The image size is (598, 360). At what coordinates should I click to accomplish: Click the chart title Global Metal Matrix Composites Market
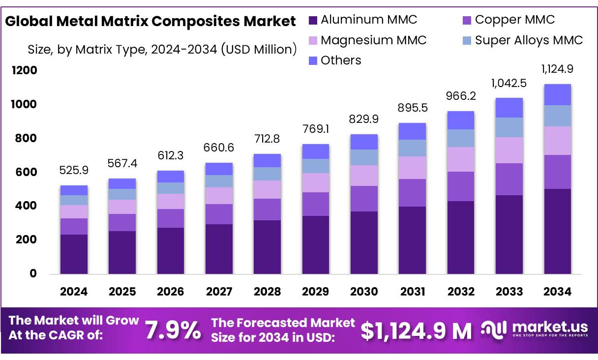pos(150,22)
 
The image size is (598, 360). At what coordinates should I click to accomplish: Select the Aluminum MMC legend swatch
pos(313,21)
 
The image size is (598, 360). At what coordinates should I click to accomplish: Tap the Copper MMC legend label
pos(514,20)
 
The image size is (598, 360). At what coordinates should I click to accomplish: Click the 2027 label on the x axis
pos(219,292)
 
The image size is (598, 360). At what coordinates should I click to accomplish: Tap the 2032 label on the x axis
pos(461,292)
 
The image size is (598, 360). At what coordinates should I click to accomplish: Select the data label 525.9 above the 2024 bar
pos(74,171)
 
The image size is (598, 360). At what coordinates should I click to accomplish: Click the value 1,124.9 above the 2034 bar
pos(558,69)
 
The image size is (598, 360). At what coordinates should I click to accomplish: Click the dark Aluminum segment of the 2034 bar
pos(557,231)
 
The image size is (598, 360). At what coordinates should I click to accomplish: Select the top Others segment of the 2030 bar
pos(364,142)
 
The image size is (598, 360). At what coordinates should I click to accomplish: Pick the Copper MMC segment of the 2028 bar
pos(267,210)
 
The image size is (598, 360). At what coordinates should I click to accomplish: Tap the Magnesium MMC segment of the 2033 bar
pos(509,150)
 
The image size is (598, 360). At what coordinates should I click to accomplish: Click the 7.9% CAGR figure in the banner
pos(173,330)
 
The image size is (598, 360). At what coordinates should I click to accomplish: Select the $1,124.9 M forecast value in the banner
pos(416,330)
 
